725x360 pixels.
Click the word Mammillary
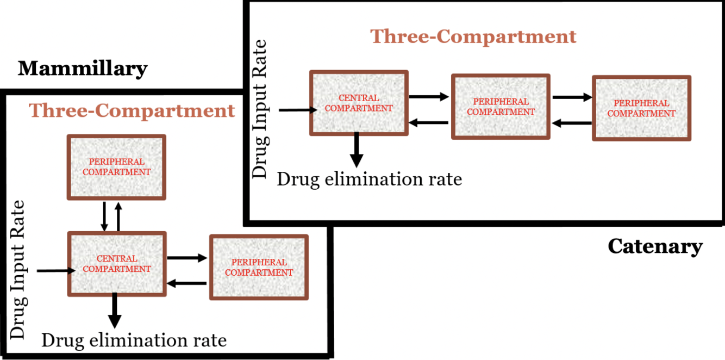click(83, 69)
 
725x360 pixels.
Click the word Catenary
click(655, 246)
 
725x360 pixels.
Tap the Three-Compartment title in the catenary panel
click(473, 36)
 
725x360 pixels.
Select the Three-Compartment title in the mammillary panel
click(132, 110)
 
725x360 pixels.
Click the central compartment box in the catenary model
click(359, 103)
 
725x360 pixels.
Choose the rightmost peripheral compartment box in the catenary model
click(641, 108)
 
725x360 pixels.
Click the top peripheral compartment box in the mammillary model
click(116, 167)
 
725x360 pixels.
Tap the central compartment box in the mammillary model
click(116, 264)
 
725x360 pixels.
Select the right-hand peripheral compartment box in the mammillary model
click(259, 267)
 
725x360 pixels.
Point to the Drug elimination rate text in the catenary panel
click(370, 179)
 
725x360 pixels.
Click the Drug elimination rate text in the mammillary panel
click(134, 340)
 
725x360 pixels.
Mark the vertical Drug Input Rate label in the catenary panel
click(261, 109)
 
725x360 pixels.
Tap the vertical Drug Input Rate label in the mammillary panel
click(18, 270)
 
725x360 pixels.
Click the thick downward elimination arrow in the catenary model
click(356, 150)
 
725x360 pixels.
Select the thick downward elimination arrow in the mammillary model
click(115, 311)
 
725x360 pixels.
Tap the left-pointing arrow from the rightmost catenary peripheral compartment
click(572, 123)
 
